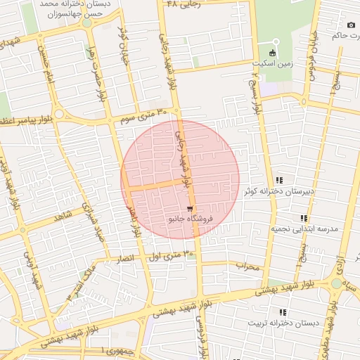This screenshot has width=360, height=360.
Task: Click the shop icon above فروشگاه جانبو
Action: (x=190, y=209)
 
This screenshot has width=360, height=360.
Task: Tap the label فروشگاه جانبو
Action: (x=189, y=219)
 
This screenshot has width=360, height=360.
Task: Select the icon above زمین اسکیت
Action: (x=273, y=53)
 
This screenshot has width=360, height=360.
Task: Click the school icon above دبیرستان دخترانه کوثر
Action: (x=280, y=181)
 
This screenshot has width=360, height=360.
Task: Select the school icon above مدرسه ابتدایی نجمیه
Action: (x=304, y=219)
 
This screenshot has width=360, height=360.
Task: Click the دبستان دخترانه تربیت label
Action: (x=283, y=323)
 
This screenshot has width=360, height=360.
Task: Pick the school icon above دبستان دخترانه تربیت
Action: (x=283, y=312)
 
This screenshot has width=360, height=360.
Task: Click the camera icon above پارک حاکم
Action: (x=351, y=25)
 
